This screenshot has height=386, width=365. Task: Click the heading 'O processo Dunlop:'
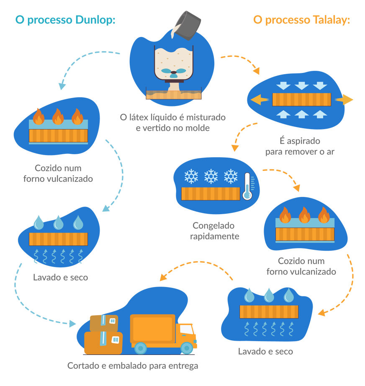pos(65,20)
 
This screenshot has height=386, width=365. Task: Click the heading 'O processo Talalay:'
pos(301,20)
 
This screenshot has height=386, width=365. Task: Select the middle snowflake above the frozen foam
pos(211,176)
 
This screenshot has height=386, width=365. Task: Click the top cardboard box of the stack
pos(103,323)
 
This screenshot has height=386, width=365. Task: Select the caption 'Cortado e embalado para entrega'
pos(132,365)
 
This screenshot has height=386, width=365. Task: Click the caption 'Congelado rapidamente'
pos(215,231)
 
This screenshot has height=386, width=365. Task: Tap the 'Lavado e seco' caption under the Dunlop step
pos(60,277)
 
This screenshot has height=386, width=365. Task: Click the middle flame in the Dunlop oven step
pos(58,117)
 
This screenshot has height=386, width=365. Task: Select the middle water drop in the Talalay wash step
pos(269,295)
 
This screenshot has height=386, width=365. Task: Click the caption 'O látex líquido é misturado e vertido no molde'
pos(172,122)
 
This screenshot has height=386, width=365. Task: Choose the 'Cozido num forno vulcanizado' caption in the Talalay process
pos(301,266)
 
